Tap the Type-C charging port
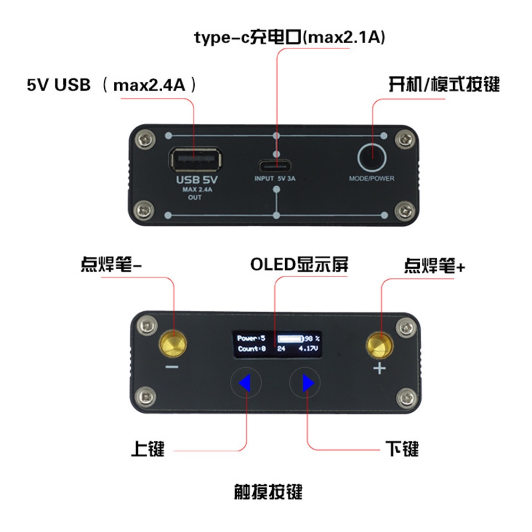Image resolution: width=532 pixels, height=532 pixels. pos(276,163)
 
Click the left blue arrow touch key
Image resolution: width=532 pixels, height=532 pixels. pos(245,383)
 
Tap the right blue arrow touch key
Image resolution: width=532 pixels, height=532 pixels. pos(305,383)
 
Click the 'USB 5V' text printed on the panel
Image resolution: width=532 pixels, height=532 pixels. pos(195,180)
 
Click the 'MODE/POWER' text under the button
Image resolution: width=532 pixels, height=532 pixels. pos(372,179)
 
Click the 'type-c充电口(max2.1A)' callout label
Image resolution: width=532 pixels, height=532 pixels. pos(289,38)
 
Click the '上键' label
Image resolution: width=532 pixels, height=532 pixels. pos(148,450)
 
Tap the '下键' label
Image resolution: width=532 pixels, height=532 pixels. pos(402,450)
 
